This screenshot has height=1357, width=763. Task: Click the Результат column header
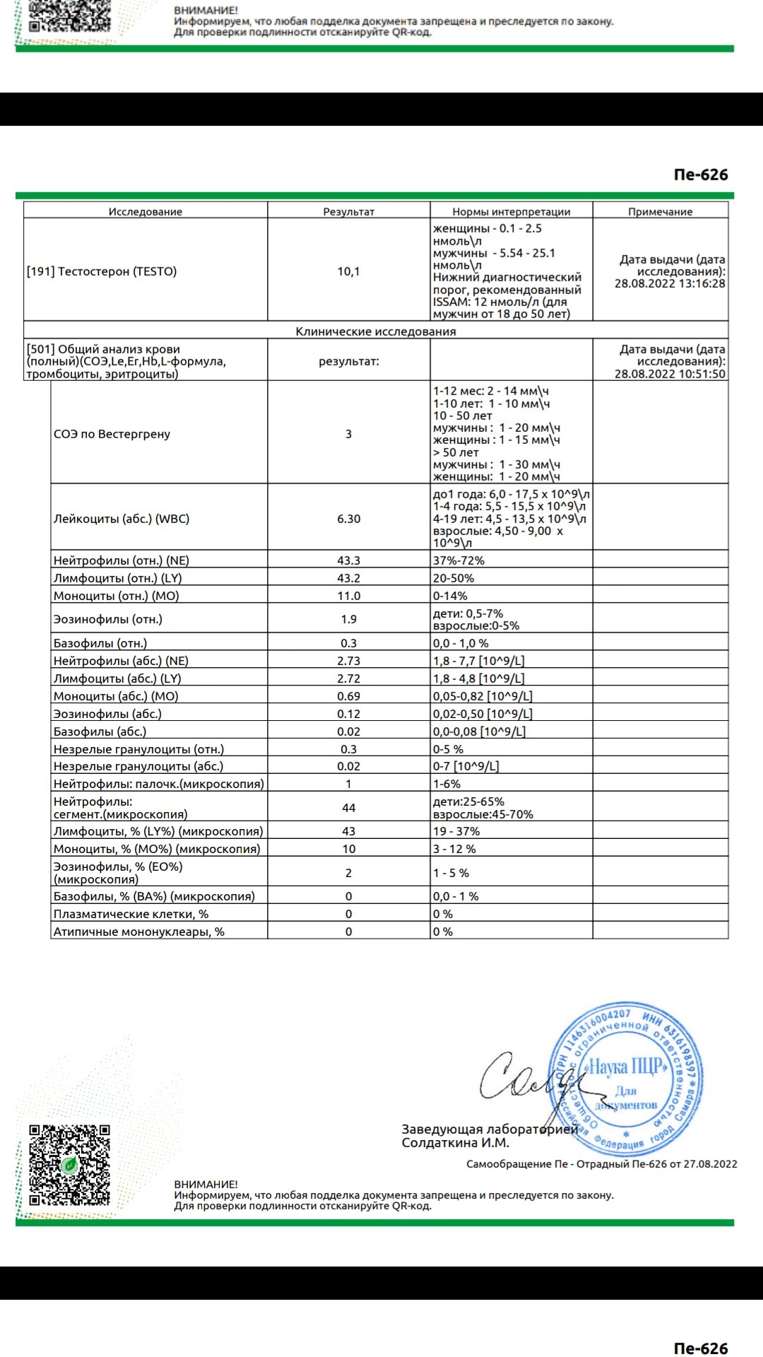[x=348, y=211]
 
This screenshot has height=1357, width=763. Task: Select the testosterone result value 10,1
[x=348, y=271]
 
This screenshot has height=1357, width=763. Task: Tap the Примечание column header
[x=660, y=211]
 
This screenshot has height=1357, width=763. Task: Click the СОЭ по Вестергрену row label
[x=112, y=434]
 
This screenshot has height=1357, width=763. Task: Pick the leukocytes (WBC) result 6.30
[x=348, y=519]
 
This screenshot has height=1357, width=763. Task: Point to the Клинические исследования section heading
[x=375, y=331]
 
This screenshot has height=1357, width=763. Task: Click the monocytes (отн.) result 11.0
[x=348, y=596]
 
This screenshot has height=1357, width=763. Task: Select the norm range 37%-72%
[x=459, y=560]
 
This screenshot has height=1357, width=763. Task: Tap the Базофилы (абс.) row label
[x=100, y=732]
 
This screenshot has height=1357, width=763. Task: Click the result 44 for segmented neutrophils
[x=348, y=808]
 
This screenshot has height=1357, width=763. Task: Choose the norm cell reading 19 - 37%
[x=456, y=831]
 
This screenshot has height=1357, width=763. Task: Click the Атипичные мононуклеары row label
[x=138, y=932]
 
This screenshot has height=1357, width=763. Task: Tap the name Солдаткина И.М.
[x=455, y=1143]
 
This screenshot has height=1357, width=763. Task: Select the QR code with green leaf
[x=69, y=1165]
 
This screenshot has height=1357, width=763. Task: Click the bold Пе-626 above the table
[x=700, y=175]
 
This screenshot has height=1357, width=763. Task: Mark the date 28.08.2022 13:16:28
[x=669, y=283]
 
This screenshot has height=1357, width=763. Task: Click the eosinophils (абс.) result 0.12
[x=348, y=714]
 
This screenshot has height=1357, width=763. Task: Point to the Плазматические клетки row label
[x=131, y=914]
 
